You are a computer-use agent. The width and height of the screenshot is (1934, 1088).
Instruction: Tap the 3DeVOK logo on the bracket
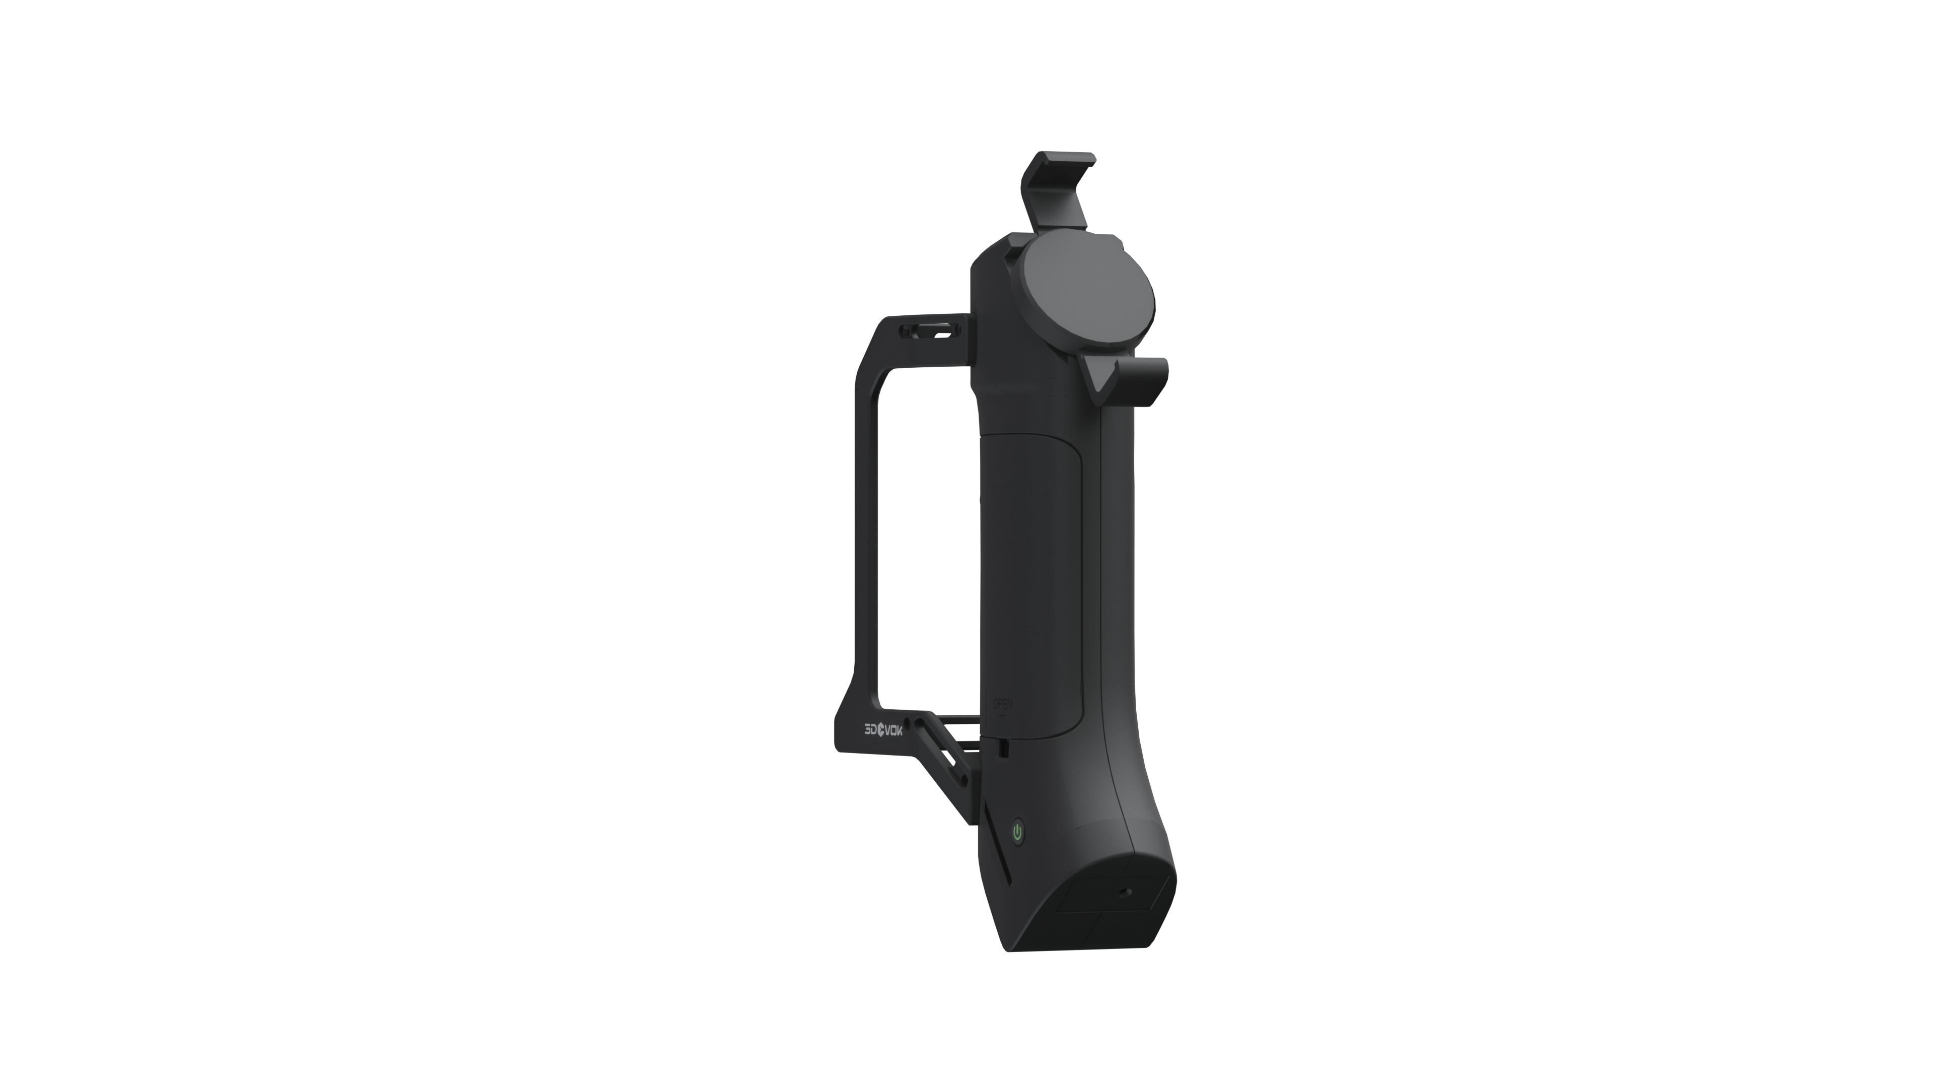point(883,730)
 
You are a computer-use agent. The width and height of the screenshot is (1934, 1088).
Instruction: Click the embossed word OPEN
point(1003,704)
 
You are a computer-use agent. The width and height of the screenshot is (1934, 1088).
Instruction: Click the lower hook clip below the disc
point(1141,379)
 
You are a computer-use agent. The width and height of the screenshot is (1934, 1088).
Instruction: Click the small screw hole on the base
point(1125,893)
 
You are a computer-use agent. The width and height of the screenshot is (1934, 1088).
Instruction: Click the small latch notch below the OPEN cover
point(1003,748)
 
